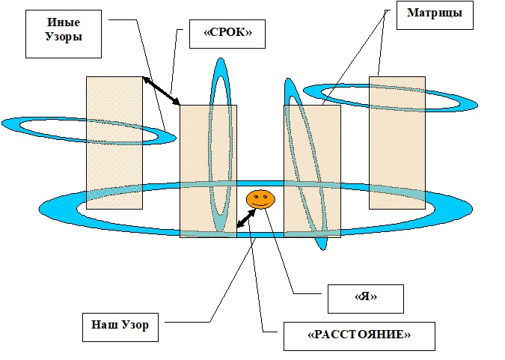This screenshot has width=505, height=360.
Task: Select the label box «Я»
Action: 366,299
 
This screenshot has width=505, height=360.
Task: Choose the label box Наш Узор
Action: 120,326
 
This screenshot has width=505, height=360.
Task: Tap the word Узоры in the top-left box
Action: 63,37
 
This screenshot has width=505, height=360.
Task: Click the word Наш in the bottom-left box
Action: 105,326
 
